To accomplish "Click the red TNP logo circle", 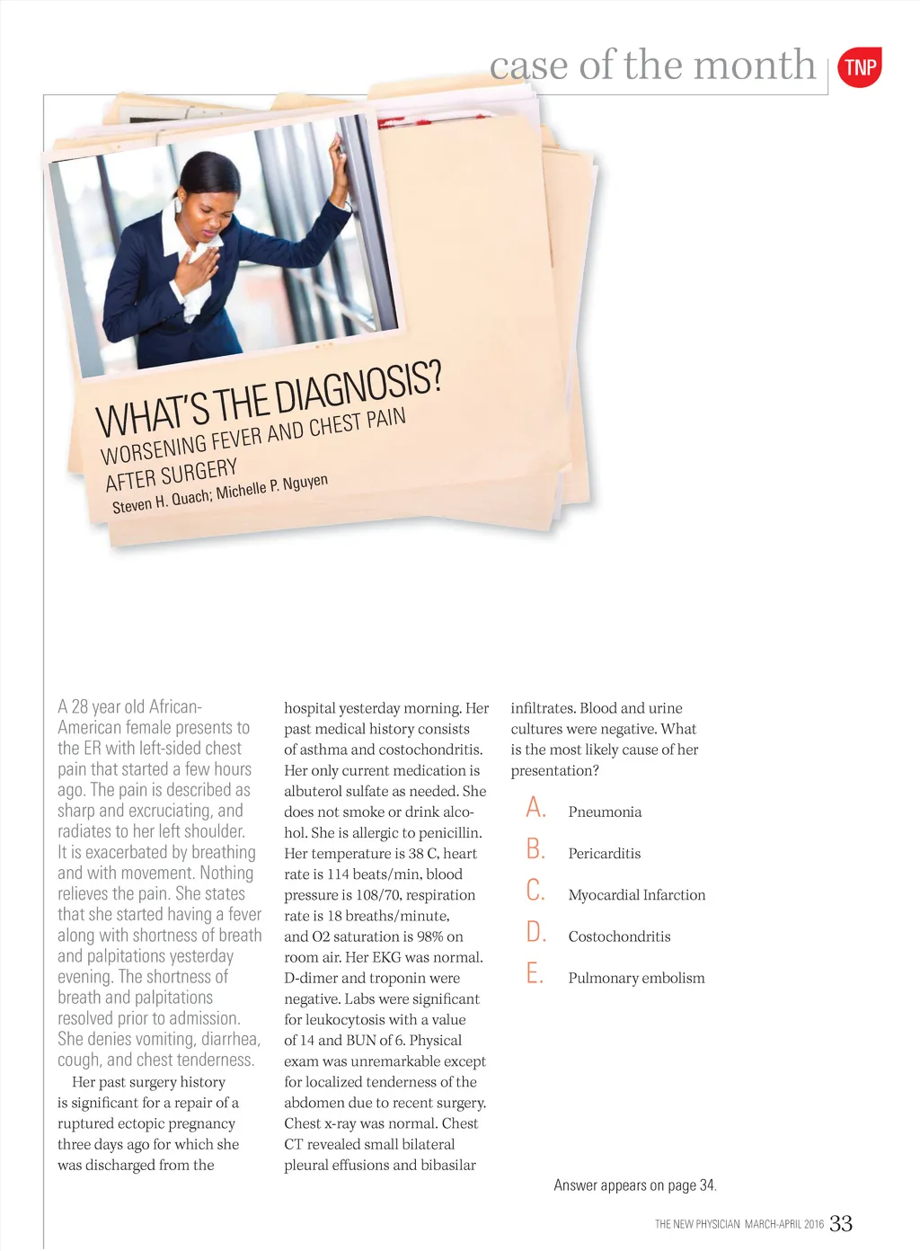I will point(860,67).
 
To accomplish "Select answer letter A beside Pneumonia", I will point(535,808).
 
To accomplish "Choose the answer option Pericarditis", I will point(604,854).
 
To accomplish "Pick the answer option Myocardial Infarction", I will point(636,895).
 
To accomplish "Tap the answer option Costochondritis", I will point(619,936).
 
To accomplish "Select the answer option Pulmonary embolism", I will point(636,978).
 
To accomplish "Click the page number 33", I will point(841,1223).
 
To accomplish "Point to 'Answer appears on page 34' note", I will point(634,1185).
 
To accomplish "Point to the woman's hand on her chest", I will point(197,269).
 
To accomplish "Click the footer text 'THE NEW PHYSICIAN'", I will point(697,1224).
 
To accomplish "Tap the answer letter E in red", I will point(535,973).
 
